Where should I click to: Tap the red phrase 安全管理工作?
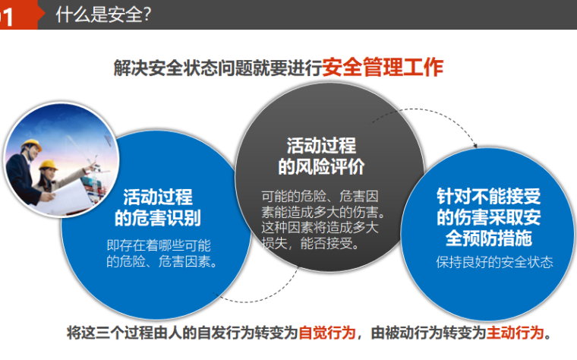point(382,67)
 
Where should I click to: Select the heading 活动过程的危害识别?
point(157,207)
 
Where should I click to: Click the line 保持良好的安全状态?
point(489,263)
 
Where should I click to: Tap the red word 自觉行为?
point(326,333)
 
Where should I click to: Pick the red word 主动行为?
point(516,333)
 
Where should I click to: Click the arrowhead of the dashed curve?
point(475,144)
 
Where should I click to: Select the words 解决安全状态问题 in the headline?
point(163,68)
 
